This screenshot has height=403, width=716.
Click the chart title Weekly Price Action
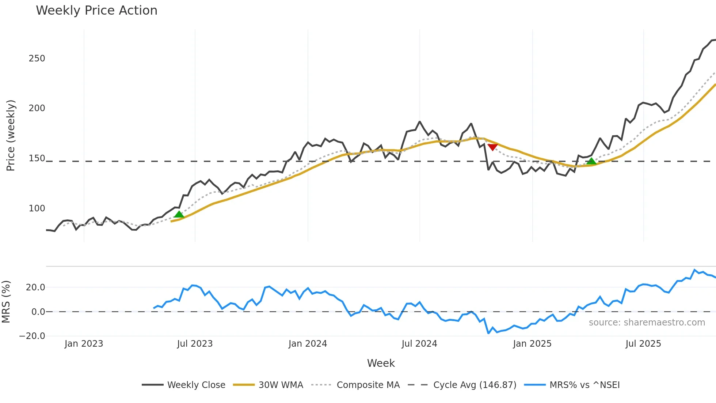coord(96,11)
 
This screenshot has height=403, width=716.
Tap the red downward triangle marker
coord(492,147)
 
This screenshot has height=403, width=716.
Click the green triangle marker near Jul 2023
coord(179,214)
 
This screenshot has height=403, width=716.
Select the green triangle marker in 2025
coord(591,161)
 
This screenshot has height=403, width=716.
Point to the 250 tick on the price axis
coord(37,59)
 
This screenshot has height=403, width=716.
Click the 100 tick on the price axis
coord(37,208)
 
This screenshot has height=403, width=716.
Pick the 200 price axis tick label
coord(37,108)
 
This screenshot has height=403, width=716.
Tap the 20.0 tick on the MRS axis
coord(35,287)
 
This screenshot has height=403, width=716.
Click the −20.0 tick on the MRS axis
coord(32,336)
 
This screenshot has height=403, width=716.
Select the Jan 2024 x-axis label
coord(308,344)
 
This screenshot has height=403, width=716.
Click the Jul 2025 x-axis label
coord(643,344)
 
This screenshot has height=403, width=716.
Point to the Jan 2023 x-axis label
coord(84,344)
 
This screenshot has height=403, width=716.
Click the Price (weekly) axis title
coord(11,135)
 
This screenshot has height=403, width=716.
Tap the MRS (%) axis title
coord(6,302)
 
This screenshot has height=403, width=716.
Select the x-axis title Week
coord(381,363)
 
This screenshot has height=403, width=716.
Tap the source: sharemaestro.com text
coord(647,323)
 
